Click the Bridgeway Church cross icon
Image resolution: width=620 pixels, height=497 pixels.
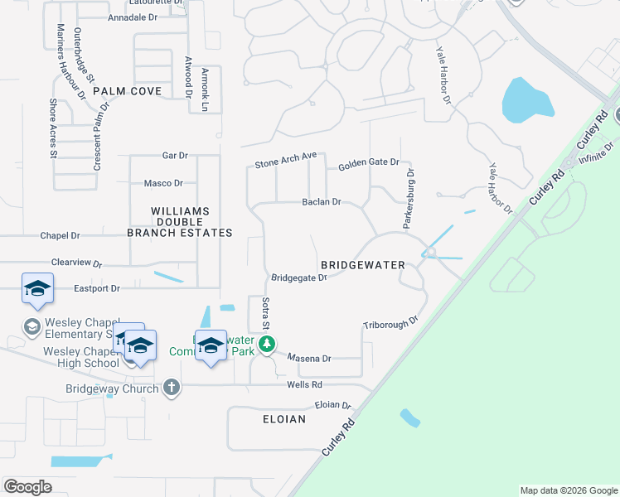pos(172,387)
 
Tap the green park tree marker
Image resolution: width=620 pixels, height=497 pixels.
pos(266,344)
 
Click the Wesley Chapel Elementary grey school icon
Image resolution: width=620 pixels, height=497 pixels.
pos(32,326)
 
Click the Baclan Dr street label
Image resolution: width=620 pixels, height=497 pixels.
pos(322,201)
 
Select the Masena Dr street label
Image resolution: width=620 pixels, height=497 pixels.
pos(310,359)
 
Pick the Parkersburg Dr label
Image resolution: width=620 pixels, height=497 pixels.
pos(409,199)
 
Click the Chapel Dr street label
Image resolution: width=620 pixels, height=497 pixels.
pos(60,236)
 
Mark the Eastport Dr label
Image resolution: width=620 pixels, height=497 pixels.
pos(97,288)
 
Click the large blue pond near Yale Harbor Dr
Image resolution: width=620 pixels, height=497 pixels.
pos(526,100)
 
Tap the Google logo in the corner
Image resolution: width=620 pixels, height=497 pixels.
pos(27,487)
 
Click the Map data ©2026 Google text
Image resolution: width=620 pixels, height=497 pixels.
pos(568,490)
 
